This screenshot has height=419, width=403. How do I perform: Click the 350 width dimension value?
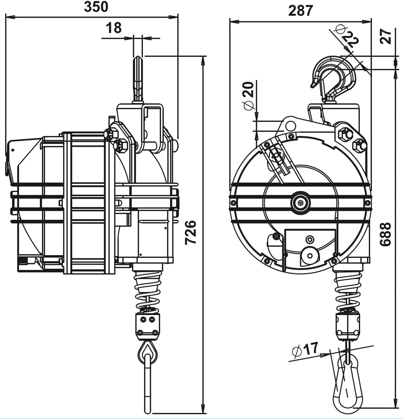96,7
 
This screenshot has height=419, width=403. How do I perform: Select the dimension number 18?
114,28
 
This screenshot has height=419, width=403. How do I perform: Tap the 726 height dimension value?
191,232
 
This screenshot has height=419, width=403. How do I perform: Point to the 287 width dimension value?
301,11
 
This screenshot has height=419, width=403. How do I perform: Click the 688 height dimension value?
386,234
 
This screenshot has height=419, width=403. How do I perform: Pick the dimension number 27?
386,36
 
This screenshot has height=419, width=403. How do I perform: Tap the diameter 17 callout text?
305,349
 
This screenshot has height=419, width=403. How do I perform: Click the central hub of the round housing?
301,203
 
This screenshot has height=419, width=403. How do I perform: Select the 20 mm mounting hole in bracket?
290,126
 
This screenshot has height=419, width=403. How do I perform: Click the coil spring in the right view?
348,291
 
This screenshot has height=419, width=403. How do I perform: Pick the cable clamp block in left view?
148,326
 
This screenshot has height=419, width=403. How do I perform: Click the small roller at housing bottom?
309,256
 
